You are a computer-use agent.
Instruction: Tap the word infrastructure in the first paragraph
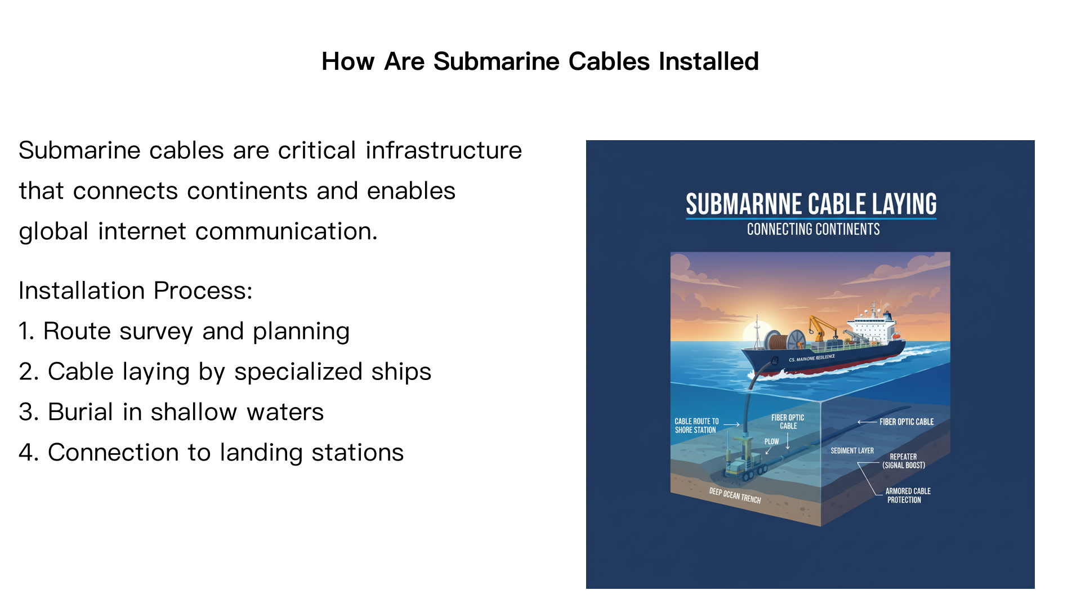coord(444,151)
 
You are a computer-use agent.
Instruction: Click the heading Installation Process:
coord(135,291)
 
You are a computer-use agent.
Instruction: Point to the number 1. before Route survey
coord(26,332)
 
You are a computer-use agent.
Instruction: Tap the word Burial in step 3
coord(80,413)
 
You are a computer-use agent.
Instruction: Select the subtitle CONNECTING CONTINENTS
coord(813,230)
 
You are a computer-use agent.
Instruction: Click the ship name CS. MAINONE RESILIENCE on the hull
coord(811,358)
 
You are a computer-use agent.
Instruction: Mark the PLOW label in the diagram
coord(771,441)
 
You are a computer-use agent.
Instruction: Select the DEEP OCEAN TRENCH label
coord(734,495)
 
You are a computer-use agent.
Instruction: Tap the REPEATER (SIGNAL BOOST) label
coord(903,461)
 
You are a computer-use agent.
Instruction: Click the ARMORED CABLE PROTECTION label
coord(907,495)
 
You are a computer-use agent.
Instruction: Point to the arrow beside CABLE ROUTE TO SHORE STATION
coord(731,424)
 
